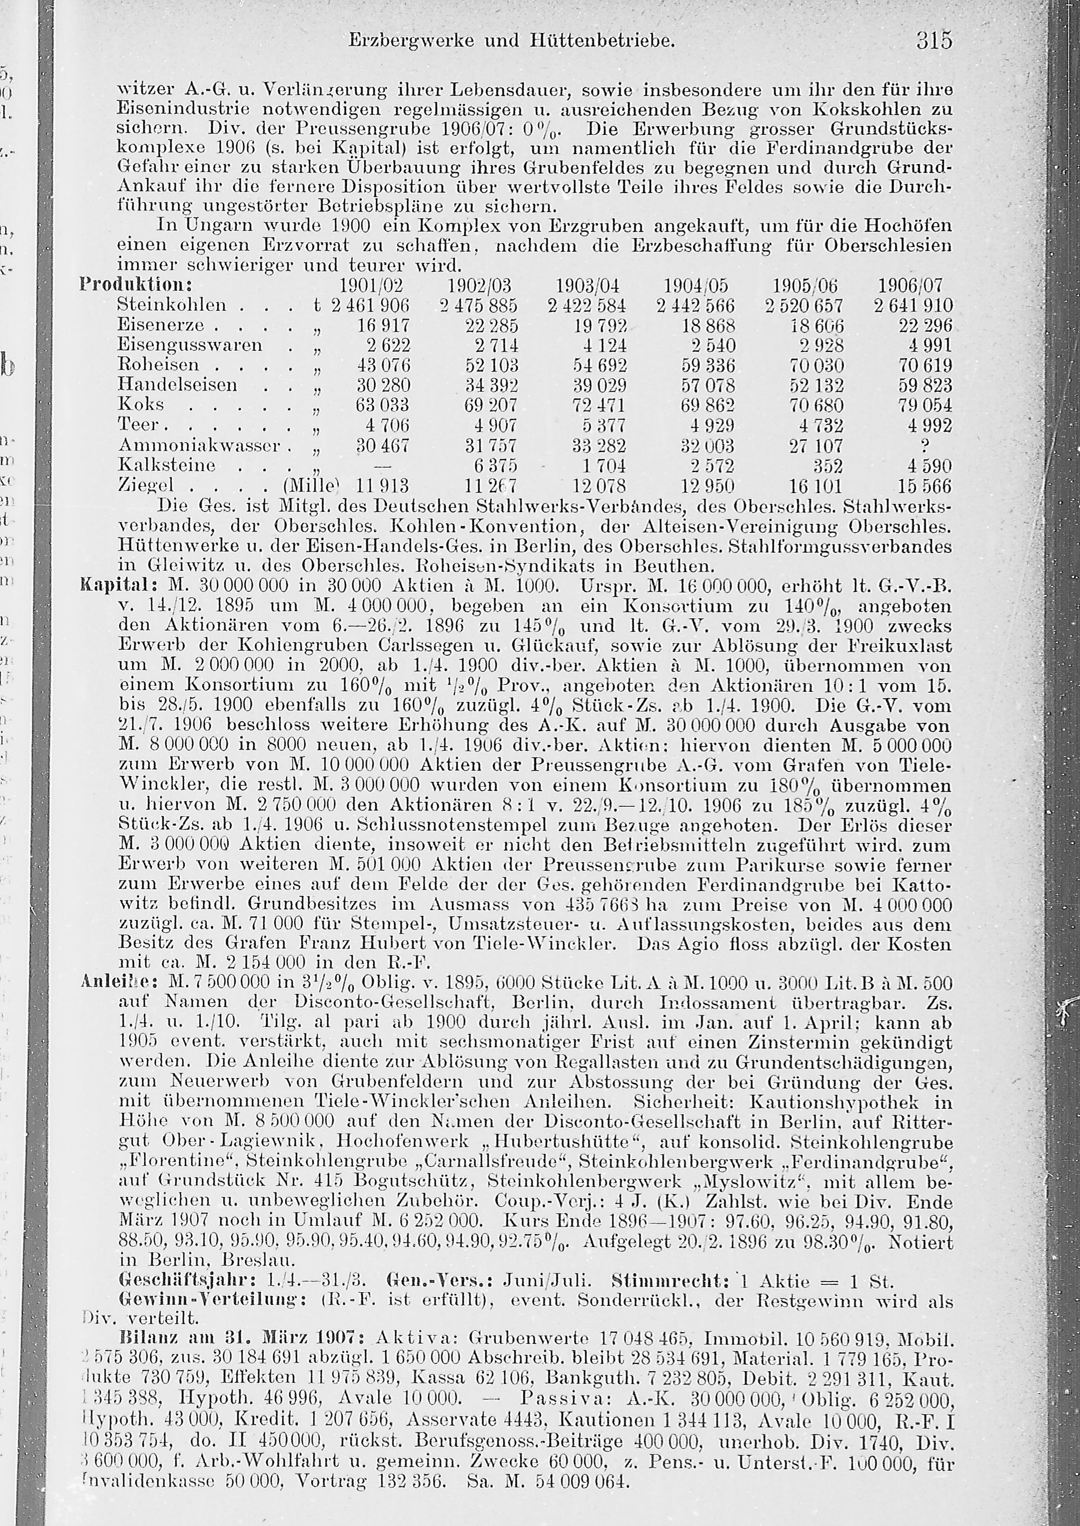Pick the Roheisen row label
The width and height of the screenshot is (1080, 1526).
point(158,365)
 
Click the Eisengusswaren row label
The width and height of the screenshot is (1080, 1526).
point(190,345)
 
